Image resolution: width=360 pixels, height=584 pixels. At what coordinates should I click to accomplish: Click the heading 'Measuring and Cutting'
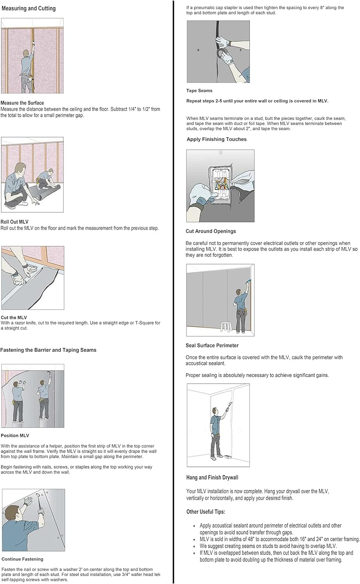pyautogui.click(x=28, y=8)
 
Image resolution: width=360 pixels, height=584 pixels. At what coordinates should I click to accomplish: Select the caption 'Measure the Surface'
pyautogui.click(x=22, y=103)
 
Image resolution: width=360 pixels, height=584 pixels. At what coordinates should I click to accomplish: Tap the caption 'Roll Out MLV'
pyautogui.click(x=14, y=222)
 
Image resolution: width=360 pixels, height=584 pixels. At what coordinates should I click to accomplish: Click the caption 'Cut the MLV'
pyautogui.click(x=14, y=317)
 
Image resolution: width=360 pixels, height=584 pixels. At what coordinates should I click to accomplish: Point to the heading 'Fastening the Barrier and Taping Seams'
pyautogui.click(x=48, y=350)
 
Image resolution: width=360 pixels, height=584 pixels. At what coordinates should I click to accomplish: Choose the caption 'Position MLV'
pyautogui.click(x=15, y=435)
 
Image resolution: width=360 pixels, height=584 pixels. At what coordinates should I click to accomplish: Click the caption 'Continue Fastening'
pyautogui.click(x=22, y=559)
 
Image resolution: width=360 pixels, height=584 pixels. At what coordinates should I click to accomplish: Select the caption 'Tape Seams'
pyautogui.click(x=199, y=90)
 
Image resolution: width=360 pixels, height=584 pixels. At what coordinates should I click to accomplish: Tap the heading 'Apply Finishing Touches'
pyautogui.click(x=216, y=139)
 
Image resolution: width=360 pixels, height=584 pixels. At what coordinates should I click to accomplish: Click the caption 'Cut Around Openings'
pyautogui.click(x=211, y=231)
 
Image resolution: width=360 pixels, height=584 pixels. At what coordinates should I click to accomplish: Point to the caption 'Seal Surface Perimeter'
pyautogui.click(x=212, y=345)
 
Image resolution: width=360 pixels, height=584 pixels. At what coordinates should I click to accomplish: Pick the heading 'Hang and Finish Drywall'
pyautogui.click(x=212, y=477)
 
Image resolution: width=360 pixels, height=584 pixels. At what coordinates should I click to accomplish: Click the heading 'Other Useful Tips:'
pyautogui.click(x=205, y=512)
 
